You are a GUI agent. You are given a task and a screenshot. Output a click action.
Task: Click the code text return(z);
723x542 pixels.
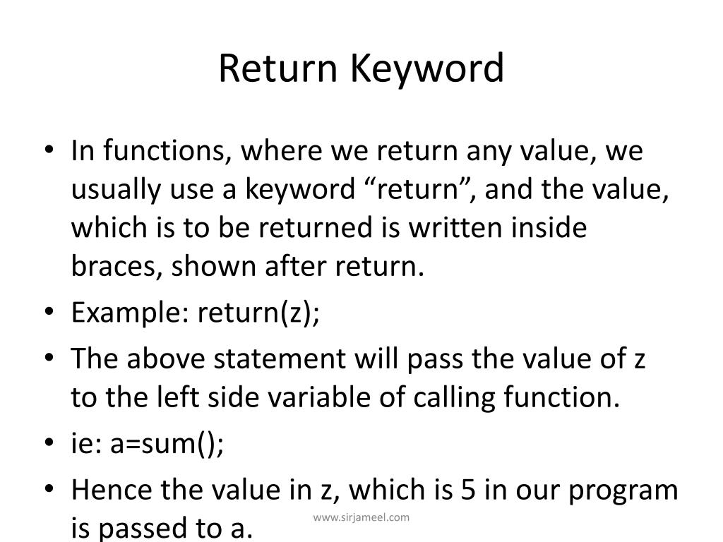click(258, 313)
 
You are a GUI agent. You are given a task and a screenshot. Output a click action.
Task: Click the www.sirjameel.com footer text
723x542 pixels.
click(361, 517)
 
